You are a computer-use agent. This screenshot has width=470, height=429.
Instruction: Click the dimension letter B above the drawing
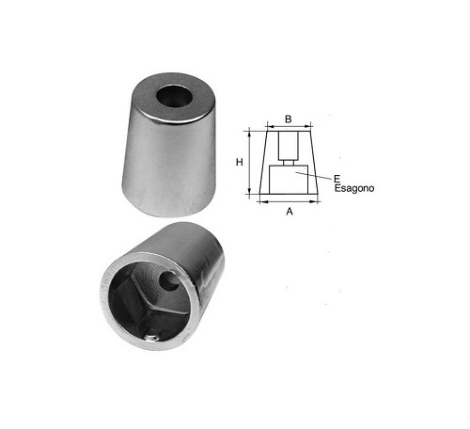(289, 119)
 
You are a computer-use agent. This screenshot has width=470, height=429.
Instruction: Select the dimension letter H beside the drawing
(240, 162)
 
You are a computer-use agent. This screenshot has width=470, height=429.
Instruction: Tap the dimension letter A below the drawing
(290, 212)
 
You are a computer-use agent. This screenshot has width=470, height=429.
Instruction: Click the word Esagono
(354, 188)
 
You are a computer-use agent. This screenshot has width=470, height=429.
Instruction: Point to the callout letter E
(337, 180)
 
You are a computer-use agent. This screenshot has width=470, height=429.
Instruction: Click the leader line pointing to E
(313, 175)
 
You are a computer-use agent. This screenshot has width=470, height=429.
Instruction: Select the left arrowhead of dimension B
(270, 127)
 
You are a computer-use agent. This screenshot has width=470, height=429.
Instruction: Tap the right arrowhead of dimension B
(308, 127)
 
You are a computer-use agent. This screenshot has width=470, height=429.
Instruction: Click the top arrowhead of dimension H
(249, 134)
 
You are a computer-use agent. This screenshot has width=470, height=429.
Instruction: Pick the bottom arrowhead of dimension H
(249, 190)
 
